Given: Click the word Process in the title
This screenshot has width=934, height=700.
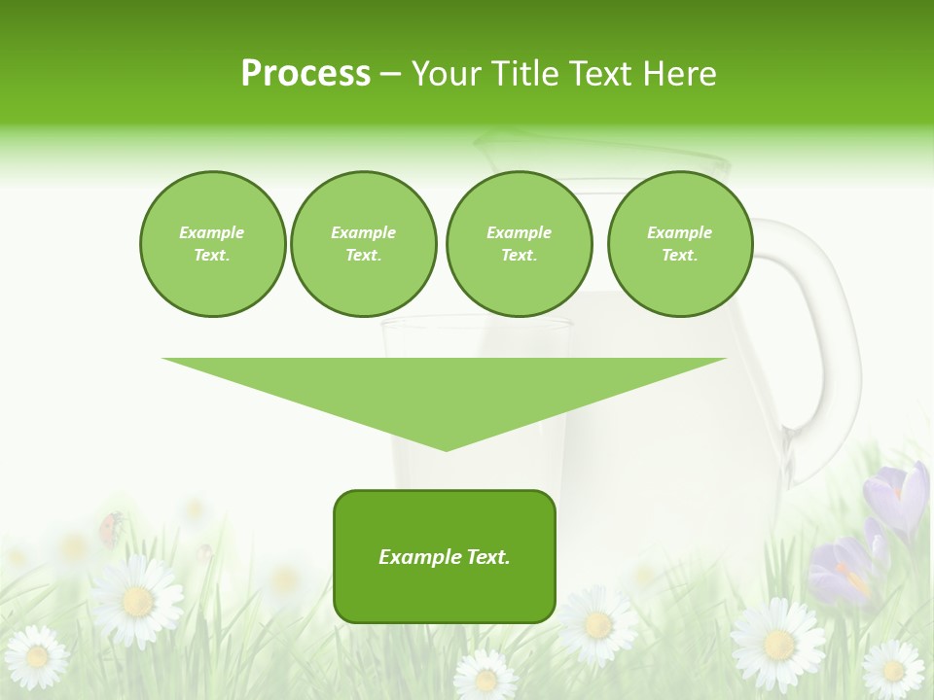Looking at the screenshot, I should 305,74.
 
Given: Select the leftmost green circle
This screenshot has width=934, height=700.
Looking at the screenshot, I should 212,244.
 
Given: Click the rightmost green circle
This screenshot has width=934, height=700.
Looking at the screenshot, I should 679,244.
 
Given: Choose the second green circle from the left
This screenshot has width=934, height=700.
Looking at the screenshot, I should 363,244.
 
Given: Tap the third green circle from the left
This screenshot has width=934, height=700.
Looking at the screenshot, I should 519,244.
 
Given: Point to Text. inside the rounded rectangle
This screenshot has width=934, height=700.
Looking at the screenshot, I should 487,557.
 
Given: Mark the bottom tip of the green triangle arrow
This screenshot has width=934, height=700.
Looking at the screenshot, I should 446,449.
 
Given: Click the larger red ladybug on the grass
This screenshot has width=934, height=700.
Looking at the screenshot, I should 110,528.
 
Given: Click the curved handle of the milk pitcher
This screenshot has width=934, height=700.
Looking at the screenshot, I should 817,340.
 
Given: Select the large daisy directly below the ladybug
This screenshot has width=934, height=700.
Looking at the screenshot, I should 136,600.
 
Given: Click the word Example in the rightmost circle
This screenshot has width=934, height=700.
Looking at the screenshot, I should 679,232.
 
